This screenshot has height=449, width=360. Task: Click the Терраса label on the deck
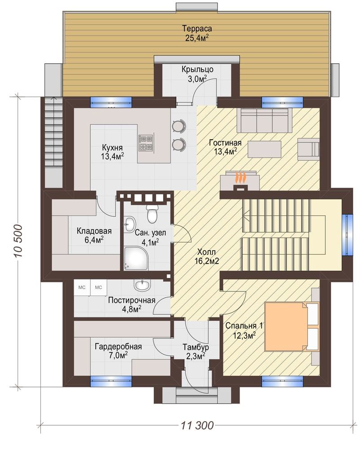pyautogui.click(x=197, y=29)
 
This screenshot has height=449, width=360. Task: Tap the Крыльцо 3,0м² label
pyautogui.click(x=197, y=74)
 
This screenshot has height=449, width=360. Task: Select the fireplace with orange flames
pyautogui.click(x=240, y=180)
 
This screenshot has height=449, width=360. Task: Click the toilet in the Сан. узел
pyautogui.click(x=151, y=213)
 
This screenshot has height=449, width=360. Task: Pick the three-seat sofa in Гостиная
pyautogui.click(x=264, y=120)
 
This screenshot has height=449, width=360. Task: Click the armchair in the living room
pyautogui.click(x=308, y=149)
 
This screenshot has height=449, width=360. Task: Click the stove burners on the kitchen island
pyautogui.click(x=146, y=143)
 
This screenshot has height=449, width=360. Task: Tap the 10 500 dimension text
pyautogui.click(x=18, y=241)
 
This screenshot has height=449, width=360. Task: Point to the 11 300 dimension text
pyautogui.click(x=197, y=425)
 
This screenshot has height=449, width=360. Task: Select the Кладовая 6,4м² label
pyautogui.click(x=94, y=235)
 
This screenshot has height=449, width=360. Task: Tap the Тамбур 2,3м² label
pyautogui.click(x=196, y=352)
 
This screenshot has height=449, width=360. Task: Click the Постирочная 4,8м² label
pyautogui.click(x=132, y=305)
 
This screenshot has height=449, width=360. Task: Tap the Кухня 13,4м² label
pyautogui.click(x=112, y=152)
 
